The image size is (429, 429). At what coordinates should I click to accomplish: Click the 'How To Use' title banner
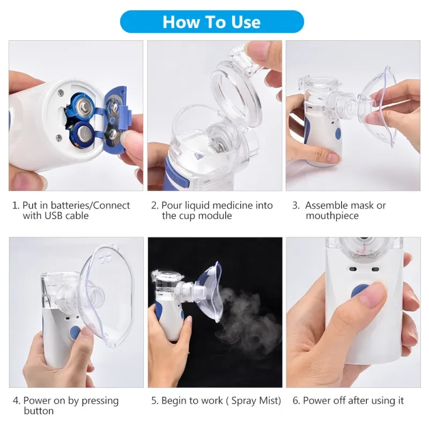tap(211, 22)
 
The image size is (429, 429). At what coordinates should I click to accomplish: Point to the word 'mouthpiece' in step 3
tap(332, 216)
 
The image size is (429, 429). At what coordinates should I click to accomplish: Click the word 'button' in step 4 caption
tap(39, 411)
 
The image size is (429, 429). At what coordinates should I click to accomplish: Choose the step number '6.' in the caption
tap(296, 401)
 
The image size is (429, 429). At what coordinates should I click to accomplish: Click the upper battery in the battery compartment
tap(84, 105)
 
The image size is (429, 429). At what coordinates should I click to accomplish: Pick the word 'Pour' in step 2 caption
tap(171, 205)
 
